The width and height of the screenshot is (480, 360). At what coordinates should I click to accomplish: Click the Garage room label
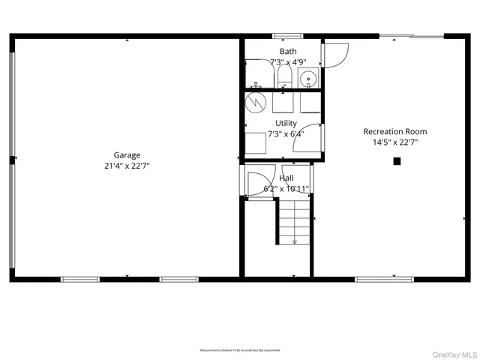[x=127, y=155]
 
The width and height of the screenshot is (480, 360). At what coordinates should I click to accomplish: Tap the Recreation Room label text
[x=395, y=131]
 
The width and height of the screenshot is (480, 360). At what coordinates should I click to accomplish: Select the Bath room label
[x=288, y=51]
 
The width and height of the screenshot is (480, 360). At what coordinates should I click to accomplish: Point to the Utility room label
[x=286, y=123]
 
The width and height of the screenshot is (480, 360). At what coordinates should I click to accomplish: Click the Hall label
[x=286, y=178]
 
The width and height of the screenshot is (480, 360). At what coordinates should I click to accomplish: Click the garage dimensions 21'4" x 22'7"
[x=127, y=166]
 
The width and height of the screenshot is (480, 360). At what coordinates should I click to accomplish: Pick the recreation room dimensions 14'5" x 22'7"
[x=395, y=142]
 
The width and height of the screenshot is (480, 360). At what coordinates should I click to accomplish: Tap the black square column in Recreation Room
[x=397, y=160]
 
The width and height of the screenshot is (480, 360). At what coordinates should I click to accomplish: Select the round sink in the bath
[x=307, y=78]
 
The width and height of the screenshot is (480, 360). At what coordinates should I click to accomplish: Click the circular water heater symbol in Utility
[x=255, y=100]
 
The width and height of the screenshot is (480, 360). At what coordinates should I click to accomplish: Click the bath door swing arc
[x=335, y=54]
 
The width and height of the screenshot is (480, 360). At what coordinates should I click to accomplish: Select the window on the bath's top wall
[x=287, y=35]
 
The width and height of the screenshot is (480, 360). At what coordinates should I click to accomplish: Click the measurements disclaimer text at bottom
[x=240, y=350]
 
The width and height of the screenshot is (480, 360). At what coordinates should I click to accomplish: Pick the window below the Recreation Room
[x=383, y=280]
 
